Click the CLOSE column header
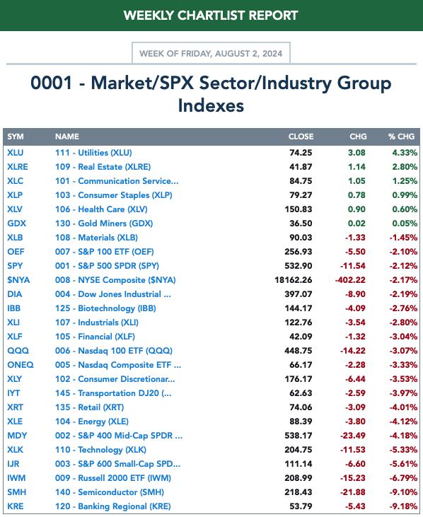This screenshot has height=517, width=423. click(x=301, y=136)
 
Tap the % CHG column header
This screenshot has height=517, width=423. click(x=401, y=136)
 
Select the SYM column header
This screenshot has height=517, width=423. click(x=15, y=136)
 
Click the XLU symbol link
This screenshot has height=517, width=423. click(x=15, y=153)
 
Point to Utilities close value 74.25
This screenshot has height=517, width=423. click(x=301, y=153)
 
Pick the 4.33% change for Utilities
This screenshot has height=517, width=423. click(x=405, y=153)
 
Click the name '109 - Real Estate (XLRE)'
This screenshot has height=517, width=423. click(x=103, y=167)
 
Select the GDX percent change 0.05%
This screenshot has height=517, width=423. click(x=405, y=223)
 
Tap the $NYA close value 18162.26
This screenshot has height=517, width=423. click(x=293, y=280)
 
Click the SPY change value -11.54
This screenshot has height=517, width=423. click(x=352, y=266)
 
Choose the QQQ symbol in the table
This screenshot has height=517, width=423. click(x=18, y=351)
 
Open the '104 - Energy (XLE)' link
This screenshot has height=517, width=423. click(x=92, y=422)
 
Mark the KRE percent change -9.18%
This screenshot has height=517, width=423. click(x=403, y=506)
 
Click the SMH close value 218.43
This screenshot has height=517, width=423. click(x=298, y=492)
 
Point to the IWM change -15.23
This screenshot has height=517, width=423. click(x=352, y=478)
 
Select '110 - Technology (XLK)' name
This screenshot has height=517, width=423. click(x=100, y=450)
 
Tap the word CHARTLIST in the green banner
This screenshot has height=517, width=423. click(x=211, y=15)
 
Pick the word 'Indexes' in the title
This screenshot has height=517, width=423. click(x=211, y=105)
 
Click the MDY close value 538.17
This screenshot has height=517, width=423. click(x=298, y=436)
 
